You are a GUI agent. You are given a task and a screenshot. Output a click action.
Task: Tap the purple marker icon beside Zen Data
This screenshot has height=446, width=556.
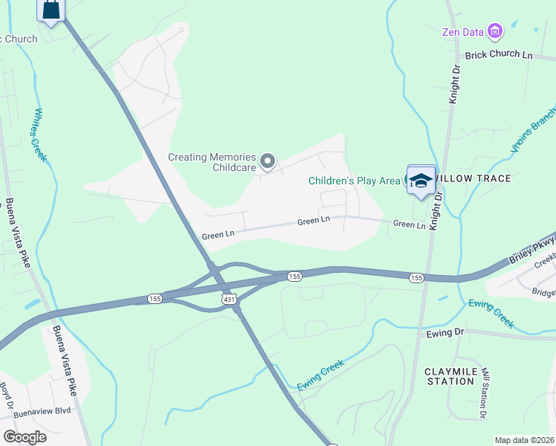coord(495,31)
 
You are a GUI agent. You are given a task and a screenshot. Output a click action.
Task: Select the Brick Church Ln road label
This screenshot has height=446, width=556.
coord(499,56)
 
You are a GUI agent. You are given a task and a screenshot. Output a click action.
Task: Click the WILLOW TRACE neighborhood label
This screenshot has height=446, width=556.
coord(473,179)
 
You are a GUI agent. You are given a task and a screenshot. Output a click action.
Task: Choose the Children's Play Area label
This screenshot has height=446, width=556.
coord(355,181)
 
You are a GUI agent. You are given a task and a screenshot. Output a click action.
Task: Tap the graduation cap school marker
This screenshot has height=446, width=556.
coord(421,181)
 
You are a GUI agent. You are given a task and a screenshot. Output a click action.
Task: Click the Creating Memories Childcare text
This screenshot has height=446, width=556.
coord(212,163)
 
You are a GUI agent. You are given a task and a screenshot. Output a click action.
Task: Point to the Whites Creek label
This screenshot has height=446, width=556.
coord(38,135)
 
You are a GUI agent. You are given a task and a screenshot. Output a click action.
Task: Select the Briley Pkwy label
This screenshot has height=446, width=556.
coord(532,251)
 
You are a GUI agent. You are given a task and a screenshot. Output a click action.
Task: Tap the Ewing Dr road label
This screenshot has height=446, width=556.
coord(445,333)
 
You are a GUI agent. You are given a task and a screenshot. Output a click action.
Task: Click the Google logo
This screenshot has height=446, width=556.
coord(25,437)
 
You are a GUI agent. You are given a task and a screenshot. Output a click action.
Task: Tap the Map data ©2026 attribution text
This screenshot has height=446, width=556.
coord(523,440)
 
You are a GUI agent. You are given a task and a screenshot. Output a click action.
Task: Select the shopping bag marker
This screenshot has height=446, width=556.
coord(51,10)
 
